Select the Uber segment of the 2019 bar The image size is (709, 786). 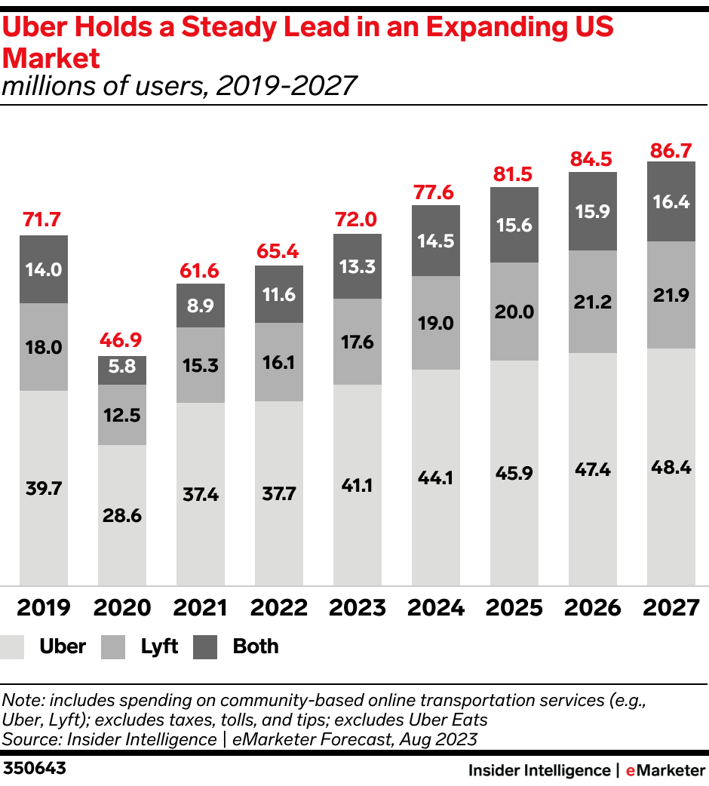click(x=44, y=487)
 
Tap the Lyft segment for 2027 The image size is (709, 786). click(x=671, y=295)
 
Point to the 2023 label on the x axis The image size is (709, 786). click(x=358, y=607)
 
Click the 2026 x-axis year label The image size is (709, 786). click(x=593, y=607)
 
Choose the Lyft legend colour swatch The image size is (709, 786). click(x=114, y=647)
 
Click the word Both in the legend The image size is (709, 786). click(x=256, y=646)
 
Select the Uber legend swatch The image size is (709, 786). click(x=14, y=647)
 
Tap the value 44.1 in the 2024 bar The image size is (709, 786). click(x=436, y=477)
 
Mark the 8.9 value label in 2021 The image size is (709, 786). click(x=201, y=305)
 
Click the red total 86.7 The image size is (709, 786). click(x=671, y=150)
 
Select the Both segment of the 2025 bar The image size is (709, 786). click(x=514, y=225)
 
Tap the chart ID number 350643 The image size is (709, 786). click(x=35, y=769)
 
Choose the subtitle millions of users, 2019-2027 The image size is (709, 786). click(x=179, y=86)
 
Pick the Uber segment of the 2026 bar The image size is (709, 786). click(x=593, y=468)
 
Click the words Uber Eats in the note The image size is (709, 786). click(x=450, y=719)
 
